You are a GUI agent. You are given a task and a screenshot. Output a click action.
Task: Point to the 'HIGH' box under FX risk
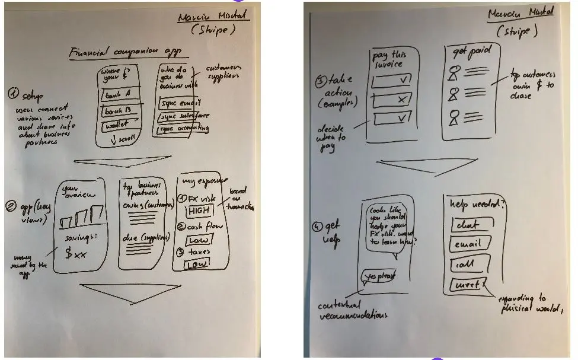coord(200,211)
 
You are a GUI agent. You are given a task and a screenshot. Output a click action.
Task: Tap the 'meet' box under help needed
coord(468,286)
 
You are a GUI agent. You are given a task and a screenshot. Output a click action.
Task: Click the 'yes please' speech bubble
coord(379,276)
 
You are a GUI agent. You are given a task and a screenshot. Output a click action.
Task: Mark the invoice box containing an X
coord(392,100)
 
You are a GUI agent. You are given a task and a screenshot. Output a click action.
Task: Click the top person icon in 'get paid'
coord(455,73)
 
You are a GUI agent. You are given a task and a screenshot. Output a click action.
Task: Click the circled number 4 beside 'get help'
coord(318,225)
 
